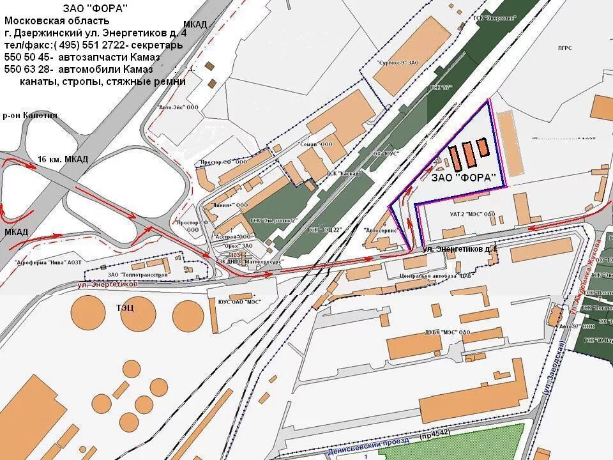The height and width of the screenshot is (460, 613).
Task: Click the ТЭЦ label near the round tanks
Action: click(x=125, y=308)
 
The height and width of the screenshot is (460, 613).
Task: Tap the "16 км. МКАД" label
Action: click(x=63, y=159)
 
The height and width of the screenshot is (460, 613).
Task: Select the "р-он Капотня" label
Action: click(x=30, y=116)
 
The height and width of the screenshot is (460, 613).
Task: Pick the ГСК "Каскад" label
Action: click(x=342, y=174)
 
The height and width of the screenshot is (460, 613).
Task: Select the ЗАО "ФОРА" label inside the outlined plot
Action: click(x=465, y=178)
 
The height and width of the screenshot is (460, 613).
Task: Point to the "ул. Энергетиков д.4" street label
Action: click(x=460, y=248)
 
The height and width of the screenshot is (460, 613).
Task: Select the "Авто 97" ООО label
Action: click(x=571, y=326)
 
